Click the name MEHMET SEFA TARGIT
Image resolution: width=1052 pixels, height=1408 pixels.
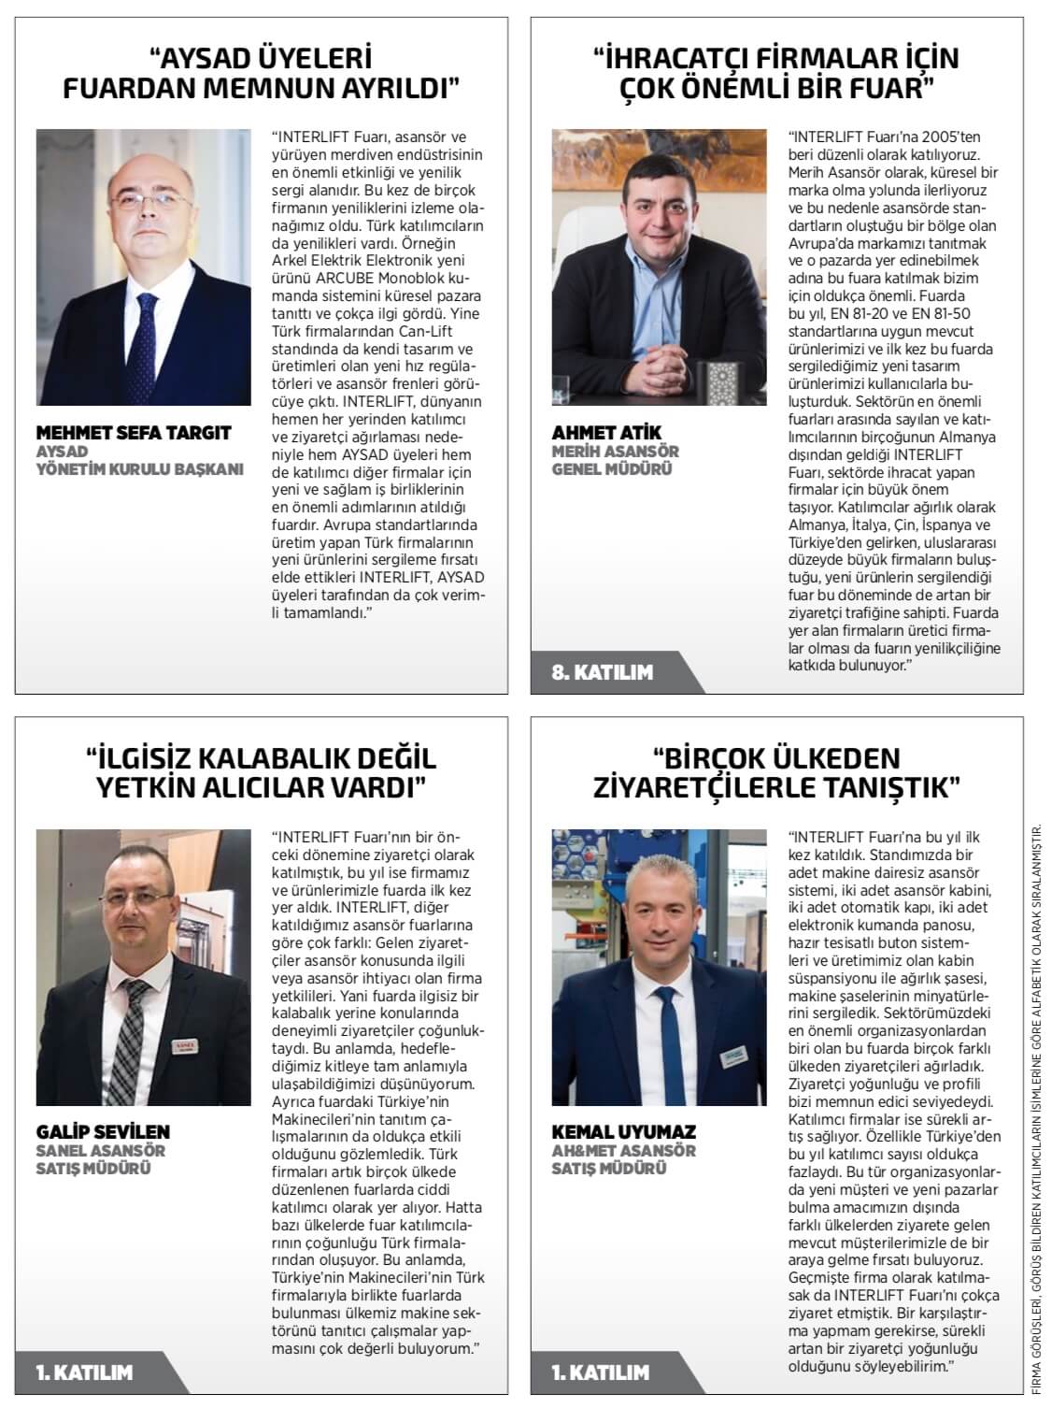coord(133,433)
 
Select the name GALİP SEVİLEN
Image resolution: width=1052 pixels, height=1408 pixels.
coord(103,1132)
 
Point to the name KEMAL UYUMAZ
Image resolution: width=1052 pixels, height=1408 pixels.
coord(624,1132)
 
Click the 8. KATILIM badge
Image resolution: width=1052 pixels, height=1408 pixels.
coord(603,671)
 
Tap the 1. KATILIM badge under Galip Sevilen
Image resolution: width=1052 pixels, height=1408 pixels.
coord(84,1372)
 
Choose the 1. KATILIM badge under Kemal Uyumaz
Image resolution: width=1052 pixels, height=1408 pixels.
coord(601,1372)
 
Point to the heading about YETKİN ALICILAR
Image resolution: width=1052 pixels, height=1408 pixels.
coord(261,771)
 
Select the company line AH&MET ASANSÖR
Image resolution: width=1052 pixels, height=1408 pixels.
coord(624,1151)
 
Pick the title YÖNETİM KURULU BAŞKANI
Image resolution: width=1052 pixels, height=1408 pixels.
coord(139,469)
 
